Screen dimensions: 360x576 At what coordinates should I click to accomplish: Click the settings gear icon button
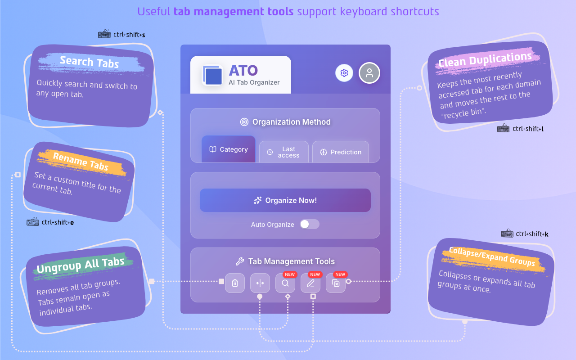[x=344, y=73]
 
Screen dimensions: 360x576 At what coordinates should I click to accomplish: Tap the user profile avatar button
[x=369, y=73]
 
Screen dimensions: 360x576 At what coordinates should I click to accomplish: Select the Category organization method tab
[x=229, y=149]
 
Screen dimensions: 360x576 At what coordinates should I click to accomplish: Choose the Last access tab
[x=284, y=152]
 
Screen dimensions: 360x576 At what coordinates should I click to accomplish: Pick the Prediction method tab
[x=341, y=152]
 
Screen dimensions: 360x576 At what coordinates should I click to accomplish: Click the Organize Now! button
[x=285, y=200]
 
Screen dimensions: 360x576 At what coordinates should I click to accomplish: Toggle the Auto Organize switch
[x=310, y=224]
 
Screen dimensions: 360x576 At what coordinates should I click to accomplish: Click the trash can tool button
[x=235, y=283]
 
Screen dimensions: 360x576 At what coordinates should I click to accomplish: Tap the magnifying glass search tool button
[x=285, y=283]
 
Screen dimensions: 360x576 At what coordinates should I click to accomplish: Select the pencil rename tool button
[x=310, y=283]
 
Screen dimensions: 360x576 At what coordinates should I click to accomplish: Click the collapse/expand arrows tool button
[x=260, y=283]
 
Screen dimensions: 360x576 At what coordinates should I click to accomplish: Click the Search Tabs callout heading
[x=89, y=62]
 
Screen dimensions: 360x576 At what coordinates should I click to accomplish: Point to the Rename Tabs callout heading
[x=81, y=162]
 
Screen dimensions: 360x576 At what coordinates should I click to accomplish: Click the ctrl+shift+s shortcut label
[x=129, y=34]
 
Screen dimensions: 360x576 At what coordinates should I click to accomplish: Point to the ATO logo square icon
[x=212, y=75]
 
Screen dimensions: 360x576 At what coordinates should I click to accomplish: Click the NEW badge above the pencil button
[x=315, y=274]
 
